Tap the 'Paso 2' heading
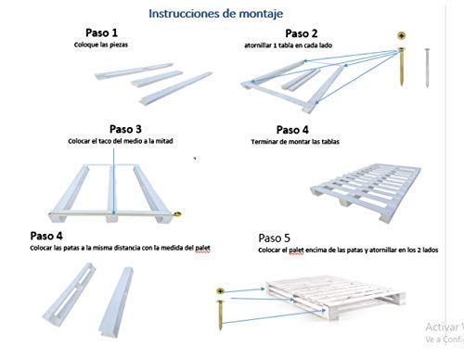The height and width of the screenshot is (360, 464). click(302, 33)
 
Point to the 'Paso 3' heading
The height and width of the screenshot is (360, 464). click(126, 128)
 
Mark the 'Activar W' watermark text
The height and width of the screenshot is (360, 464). click(444, 328)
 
